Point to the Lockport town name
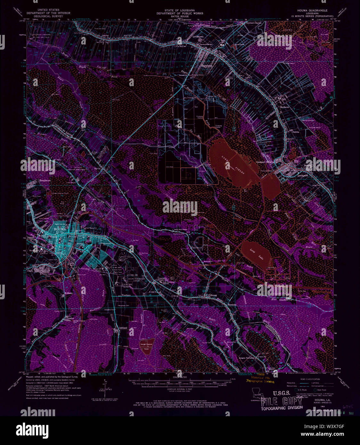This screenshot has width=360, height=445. tap(303, 175)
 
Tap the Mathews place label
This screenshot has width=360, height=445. tap(284, 107)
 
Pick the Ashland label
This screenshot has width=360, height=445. tap(123, 328)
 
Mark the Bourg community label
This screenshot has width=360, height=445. tap(214, 295)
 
